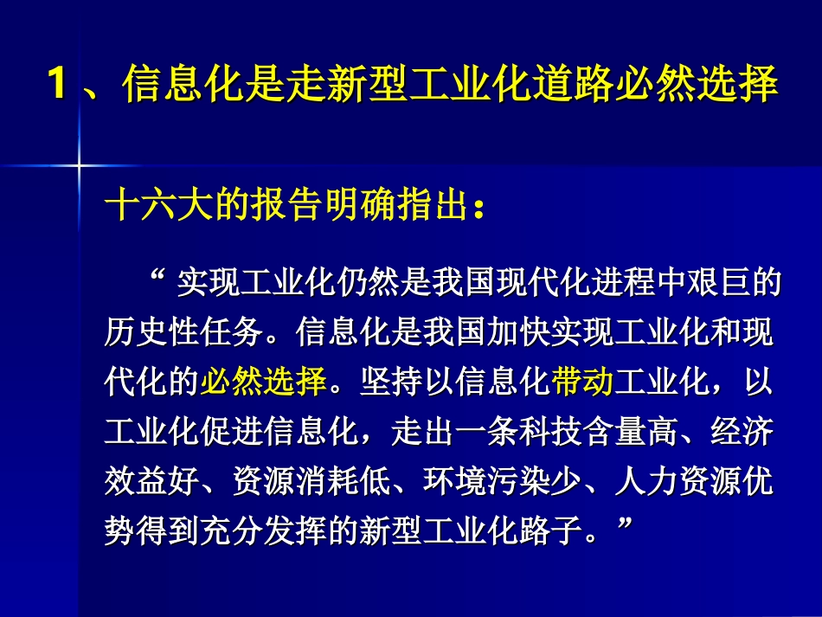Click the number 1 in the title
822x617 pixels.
[x=57, y=87]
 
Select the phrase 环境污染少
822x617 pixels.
[x=502, y=478]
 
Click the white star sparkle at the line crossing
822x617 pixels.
[x=78, y=161]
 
